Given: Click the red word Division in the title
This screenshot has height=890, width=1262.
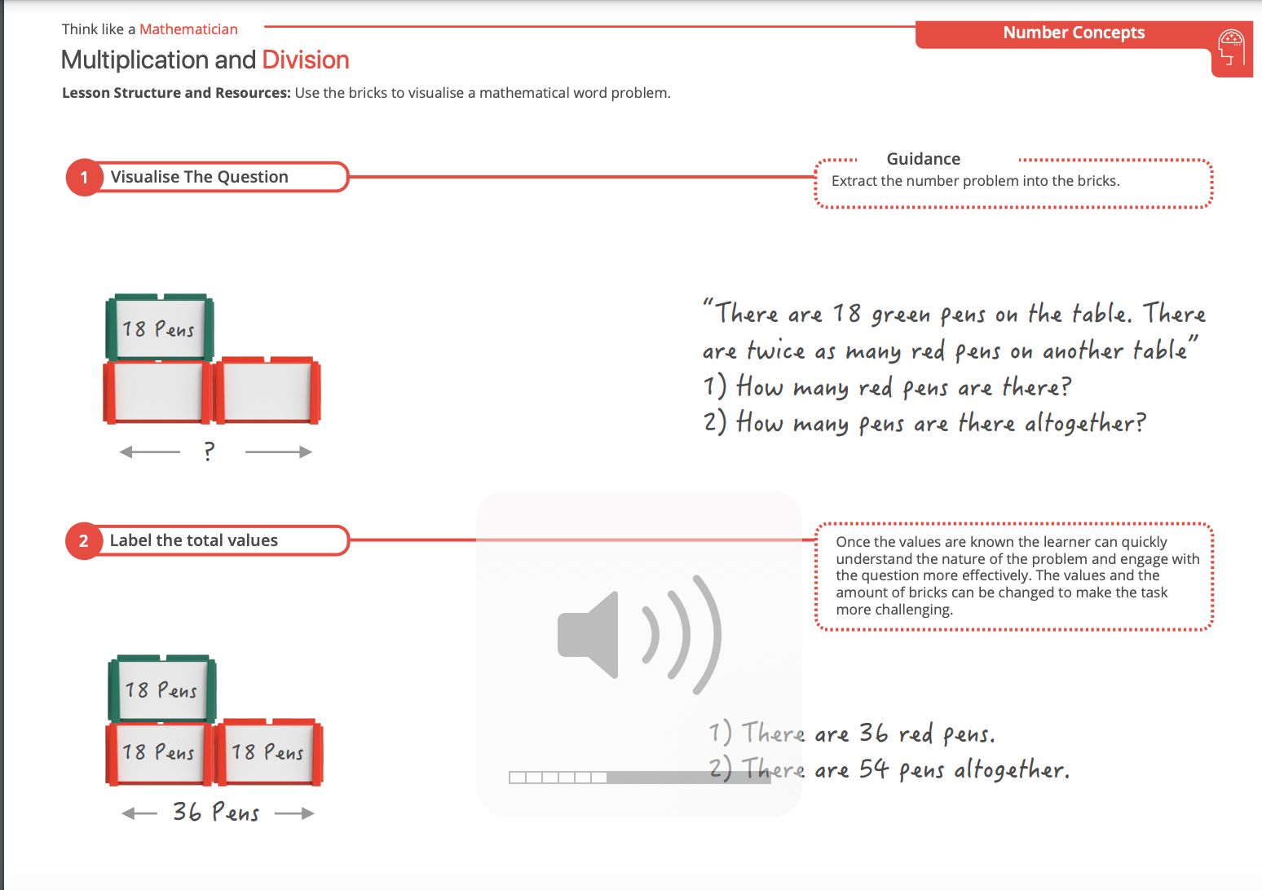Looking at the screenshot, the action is point(306,59).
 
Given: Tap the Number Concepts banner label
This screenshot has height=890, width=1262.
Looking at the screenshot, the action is point(1074,33).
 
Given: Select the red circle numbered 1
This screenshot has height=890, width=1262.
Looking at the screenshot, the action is point(84,178).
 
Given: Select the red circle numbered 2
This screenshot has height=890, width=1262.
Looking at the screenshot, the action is point(84,540).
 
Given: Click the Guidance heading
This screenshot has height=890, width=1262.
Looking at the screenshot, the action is point(924,159).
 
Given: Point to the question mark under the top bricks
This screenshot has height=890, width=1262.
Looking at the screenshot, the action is point(209,452).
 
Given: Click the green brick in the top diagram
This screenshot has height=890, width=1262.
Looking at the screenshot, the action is point(160,328).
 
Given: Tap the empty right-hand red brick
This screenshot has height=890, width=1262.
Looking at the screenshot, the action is point(267,390).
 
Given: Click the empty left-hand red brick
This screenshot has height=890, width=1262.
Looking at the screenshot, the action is point(157,391).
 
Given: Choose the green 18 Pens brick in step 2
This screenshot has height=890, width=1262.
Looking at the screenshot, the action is point(162,689).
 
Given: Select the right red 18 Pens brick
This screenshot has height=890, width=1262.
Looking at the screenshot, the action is point(269,752).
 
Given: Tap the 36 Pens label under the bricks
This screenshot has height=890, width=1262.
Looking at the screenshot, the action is point(216,813).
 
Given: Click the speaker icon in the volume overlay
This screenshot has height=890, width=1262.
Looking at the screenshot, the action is point(639,635).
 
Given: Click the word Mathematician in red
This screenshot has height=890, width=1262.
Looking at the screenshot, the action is point(189,29).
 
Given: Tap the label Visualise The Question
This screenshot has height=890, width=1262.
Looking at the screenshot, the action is point(200,177).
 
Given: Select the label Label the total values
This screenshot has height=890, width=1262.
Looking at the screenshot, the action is point(194,540).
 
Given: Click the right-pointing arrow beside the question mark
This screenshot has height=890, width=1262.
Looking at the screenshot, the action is point(278,452).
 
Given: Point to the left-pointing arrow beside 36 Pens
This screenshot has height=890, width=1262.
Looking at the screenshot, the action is point(139,813).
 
